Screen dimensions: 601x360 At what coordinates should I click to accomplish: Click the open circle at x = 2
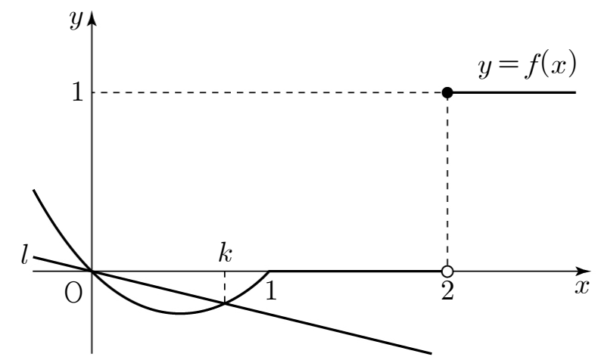447,272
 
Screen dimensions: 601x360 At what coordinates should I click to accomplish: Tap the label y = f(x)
528,65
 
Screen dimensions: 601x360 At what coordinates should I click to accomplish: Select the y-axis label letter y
76,19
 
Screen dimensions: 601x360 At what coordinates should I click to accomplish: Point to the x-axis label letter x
581,287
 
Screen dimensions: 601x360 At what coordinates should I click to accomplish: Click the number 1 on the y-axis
77,92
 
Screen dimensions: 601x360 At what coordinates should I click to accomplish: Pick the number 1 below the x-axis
271,290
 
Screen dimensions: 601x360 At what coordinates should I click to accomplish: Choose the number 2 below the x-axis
447,291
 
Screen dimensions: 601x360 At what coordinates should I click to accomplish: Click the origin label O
73,293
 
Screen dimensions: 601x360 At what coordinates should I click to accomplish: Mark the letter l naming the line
24,255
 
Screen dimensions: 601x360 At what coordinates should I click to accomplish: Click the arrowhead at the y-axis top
92,18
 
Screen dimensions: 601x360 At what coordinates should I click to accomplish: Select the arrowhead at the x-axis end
584,272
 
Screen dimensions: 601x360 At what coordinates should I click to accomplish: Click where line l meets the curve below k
225,303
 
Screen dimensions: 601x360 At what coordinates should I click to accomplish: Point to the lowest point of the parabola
180,313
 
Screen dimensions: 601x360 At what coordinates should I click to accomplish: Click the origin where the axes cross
92,272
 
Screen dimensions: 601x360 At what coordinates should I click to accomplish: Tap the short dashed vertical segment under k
225,287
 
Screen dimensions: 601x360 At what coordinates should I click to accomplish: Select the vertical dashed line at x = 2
447,182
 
